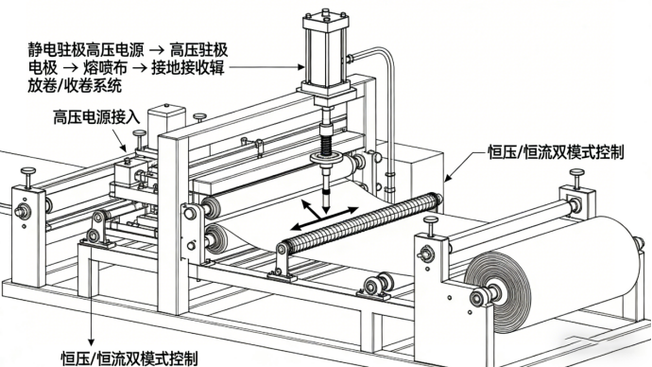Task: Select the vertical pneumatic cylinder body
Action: coord(326,54)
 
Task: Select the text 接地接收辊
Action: coord(188,68)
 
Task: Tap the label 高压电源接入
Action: coord(96,117)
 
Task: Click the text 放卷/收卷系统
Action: coord(75,85)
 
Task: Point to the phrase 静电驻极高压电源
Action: coord(86,50)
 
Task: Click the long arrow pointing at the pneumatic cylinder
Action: coord(266,67)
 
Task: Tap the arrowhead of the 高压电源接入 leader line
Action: coord(123,148)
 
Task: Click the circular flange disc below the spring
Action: coord(327,159)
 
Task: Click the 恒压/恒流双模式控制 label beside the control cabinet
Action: coord(556,152)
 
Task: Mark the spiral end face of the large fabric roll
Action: coord(497,292)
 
